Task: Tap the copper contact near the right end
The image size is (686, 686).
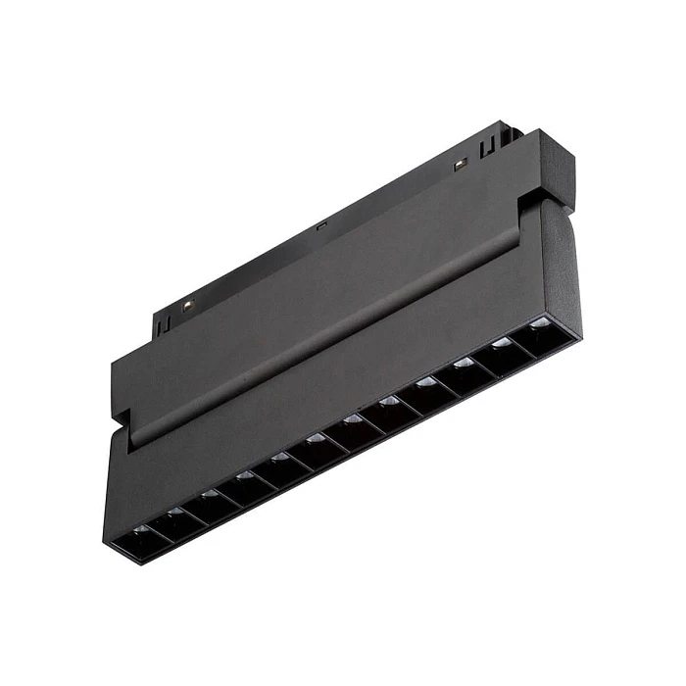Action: click(458, 164)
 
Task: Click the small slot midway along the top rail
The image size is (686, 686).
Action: click(320, 225)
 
